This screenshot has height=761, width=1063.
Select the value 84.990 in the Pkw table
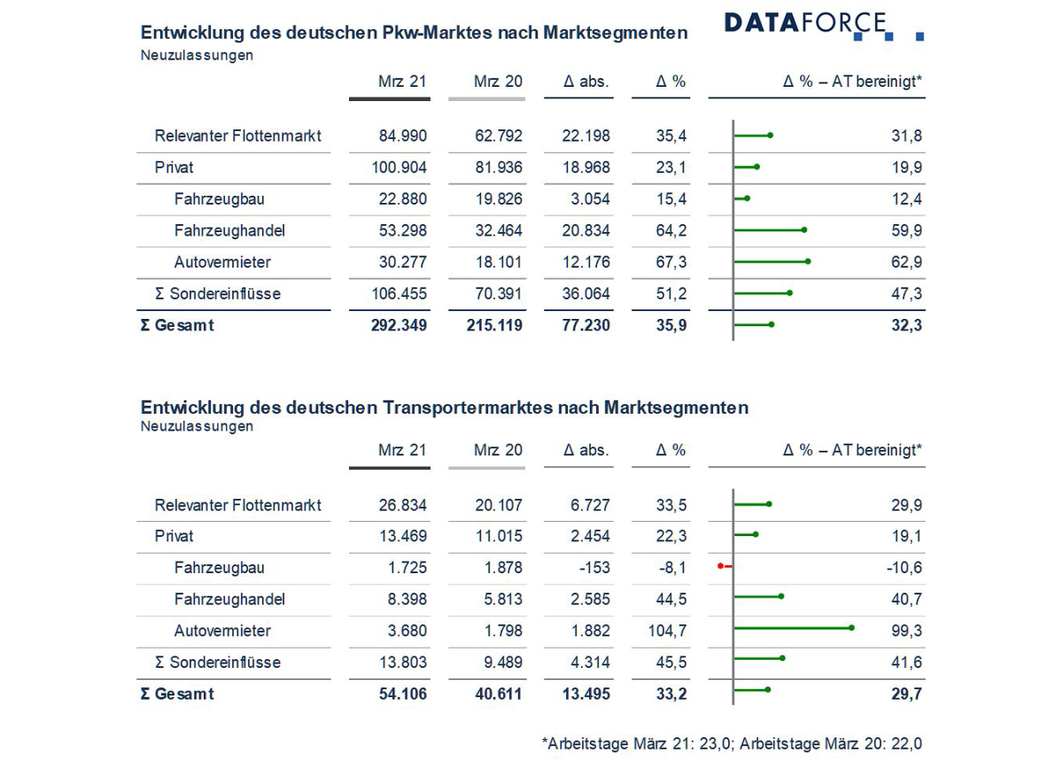(x=402, y=136)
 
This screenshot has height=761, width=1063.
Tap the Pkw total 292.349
(x=398, y=325)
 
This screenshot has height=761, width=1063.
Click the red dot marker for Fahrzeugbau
(x=721, y=565)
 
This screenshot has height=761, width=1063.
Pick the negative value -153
(x=591, y=568)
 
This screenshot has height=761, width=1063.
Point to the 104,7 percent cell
(x=667, y=631)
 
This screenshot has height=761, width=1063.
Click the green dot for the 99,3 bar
(x=851, y=628)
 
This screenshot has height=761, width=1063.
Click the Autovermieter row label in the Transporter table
(x=222, y=631)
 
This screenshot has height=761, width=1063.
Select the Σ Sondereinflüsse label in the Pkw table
(x=218, y=293)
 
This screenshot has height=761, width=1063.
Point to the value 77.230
(x=586, y=325)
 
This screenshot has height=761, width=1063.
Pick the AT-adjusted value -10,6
(x=904, y=568)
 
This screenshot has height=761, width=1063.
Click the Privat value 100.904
(x=398, y=167)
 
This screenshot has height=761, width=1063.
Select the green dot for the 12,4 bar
(x=747, y=198)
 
